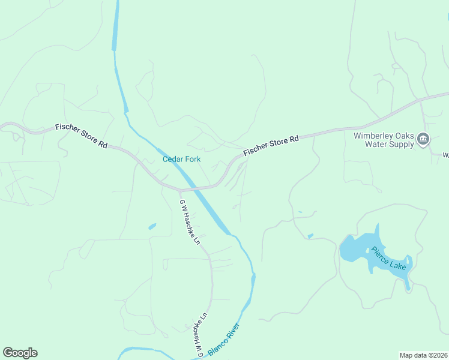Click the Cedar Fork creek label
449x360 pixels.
(x=181, y=159)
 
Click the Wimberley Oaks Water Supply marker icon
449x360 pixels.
(x=423, y=140)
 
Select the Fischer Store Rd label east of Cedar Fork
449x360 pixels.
(x=271, y=147)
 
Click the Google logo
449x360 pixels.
(x=20, y=353)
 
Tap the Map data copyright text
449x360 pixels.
(x=423, y=355)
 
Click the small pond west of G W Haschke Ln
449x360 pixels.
(x=152, y=227)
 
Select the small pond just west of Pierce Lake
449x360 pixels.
(x=310, y=236)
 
